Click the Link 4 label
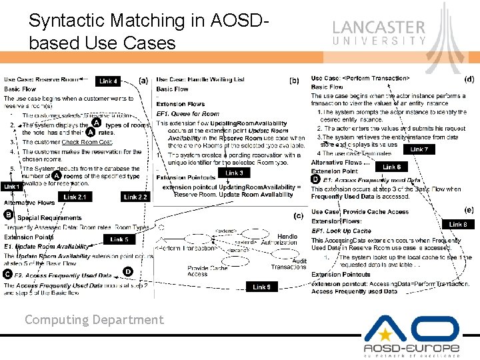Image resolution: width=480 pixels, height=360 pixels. click(109, 81)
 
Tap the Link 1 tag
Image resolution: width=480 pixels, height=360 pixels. click(11, 187)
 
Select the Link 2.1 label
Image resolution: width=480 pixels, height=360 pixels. click(75, 197)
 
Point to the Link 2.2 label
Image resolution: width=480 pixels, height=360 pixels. click(135, 197)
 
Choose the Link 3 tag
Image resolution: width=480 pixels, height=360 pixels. click(234, 173)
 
